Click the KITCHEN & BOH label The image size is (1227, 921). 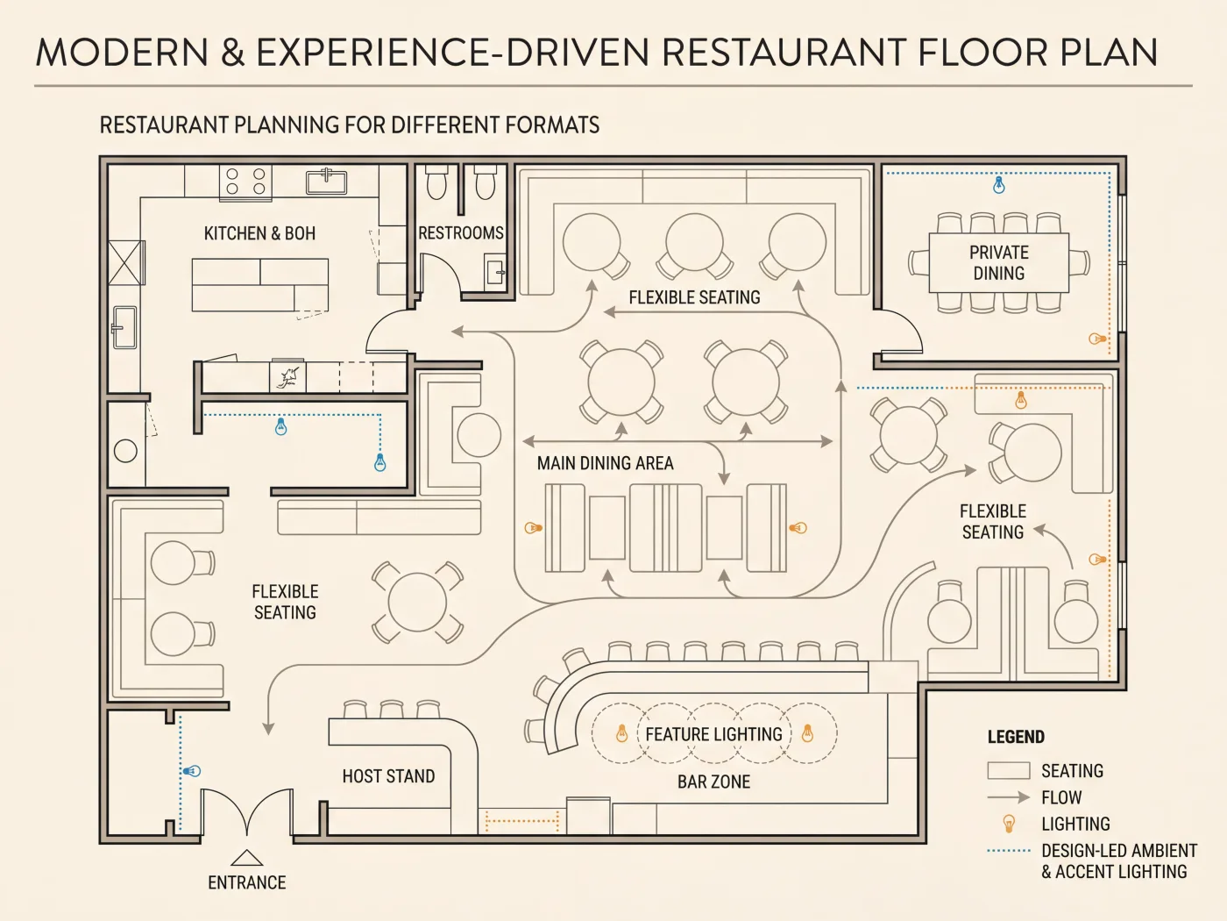point(259,233)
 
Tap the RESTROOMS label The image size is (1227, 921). point(461,232)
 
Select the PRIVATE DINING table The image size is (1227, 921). point(998,263)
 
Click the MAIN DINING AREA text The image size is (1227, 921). point(605,463)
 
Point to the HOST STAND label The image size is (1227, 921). point(388,776)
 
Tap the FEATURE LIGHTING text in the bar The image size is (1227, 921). point(713,733)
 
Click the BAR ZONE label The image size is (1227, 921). point(713,782)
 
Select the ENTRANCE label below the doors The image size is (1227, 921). point(247,882)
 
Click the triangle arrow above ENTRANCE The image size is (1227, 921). point(246,858)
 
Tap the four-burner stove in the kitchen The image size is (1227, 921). point(245,182)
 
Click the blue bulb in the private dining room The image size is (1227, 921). point(999,185)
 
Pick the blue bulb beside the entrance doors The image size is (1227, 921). point(193,771)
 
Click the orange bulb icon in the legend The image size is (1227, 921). point(1009,824)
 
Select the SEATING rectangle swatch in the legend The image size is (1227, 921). point(1009,770)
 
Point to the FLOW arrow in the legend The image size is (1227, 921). point(1009,796)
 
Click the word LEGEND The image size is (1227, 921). point(1016,737)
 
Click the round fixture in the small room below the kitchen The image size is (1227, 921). point(125,451)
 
